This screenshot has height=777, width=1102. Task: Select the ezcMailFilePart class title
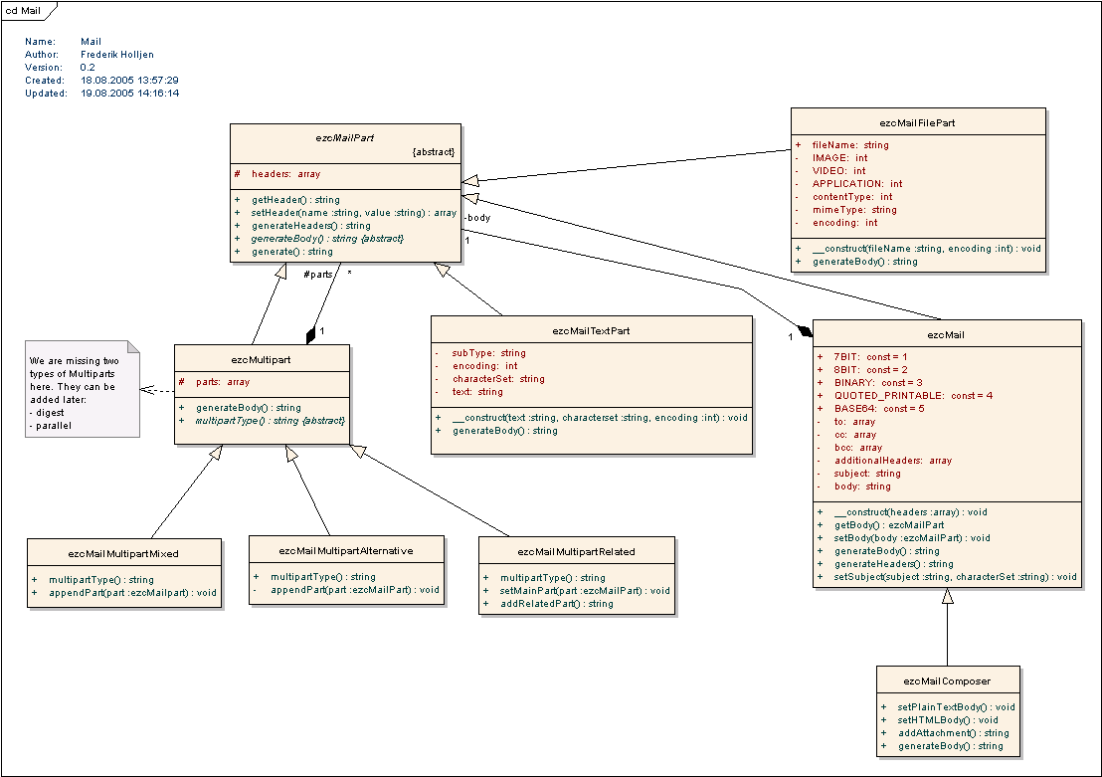pyautogui.click(x=918, y=122)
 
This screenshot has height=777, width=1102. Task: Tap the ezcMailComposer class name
pyautogui.click(x=947, y=680)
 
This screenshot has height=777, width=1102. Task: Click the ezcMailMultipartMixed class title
pyautogui.click(x=123, y=553)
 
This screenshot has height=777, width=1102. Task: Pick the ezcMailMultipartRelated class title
pyautogui.click(x=576, y=551)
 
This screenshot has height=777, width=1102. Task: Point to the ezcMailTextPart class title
pyautogui.click(x=591, y=330)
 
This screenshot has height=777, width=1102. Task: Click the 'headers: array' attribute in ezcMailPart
pyautogui.click(x=285, y=174)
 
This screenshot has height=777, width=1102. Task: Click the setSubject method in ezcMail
pyautogui.click(x=955, y=576)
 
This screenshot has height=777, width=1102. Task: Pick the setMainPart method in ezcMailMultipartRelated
pyautogui.click(x=585, y=590)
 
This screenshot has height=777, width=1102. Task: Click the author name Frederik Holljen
pyautogui.click(x=117, y=55)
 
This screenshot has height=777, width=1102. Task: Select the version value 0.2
pyautogui.click(x=88, y=68)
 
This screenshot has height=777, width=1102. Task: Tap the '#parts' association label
pyautogui.click(x=317, y=274)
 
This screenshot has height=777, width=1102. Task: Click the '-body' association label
pyautogui.click(x=477, y=217)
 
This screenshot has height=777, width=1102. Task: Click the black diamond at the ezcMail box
pyautogui.click(x=805, y=328)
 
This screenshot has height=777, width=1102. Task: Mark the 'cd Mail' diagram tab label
pyautogui.click(x=23, y=9)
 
